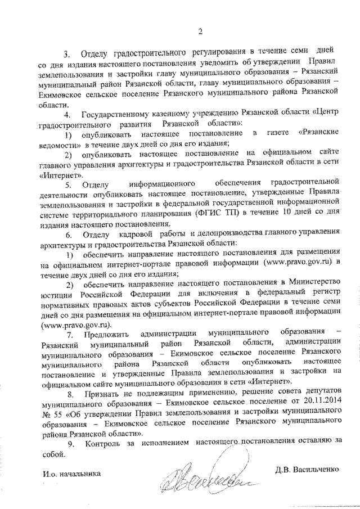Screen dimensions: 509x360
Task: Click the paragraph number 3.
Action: [x=66, y=55]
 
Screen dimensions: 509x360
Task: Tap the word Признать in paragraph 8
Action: [x=102, y=392]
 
